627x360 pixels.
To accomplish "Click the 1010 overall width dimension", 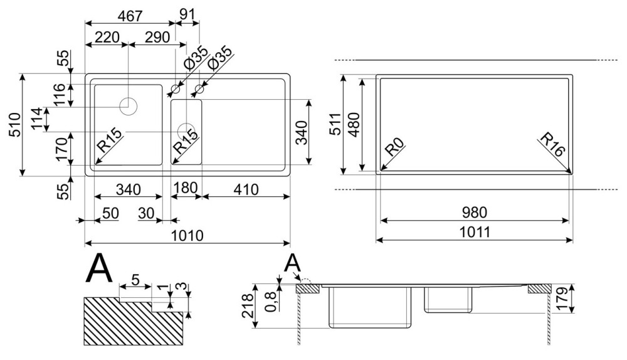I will click(187, 235).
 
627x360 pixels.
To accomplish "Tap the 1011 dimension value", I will click(475, 232).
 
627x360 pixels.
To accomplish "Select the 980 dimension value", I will click(475, 213).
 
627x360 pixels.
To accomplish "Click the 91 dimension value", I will click(187, 13).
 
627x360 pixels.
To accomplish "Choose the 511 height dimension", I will click(334, 125).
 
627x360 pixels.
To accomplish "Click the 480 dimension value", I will click(352, 125).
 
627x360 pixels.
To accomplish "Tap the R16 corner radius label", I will click(551, 146).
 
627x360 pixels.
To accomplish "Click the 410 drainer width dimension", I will click(245, 189).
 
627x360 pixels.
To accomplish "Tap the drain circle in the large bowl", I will click(129, 105).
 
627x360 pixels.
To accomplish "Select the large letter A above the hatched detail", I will click(99, 270).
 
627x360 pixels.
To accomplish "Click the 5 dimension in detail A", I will click(135, 280).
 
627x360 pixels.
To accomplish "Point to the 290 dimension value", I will click(156, 37).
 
